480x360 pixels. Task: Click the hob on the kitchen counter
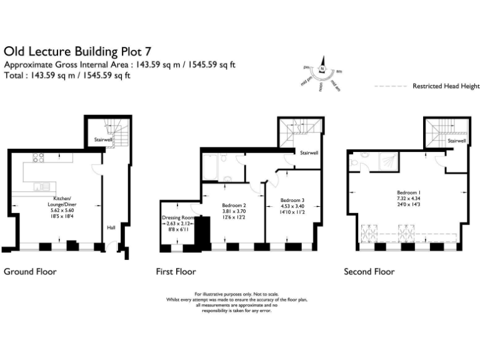pos(36,157)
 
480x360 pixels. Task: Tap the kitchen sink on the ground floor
pos(42,185)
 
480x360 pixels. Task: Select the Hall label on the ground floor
pos(111,227)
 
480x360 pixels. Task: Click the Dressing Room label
pos(179,217)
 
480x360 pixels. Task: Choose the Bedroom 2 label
pos(234,205)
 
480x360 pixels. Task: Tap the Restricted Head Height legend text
pos(446,86)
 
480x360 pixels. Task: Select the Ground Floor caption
pos(30,272)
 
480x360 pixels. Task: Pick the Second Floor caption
pos(369,272)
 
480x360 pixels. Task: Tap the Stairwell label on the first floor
pos(309,152)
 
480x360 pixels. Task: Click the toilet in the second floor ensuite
pos(354,164)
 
